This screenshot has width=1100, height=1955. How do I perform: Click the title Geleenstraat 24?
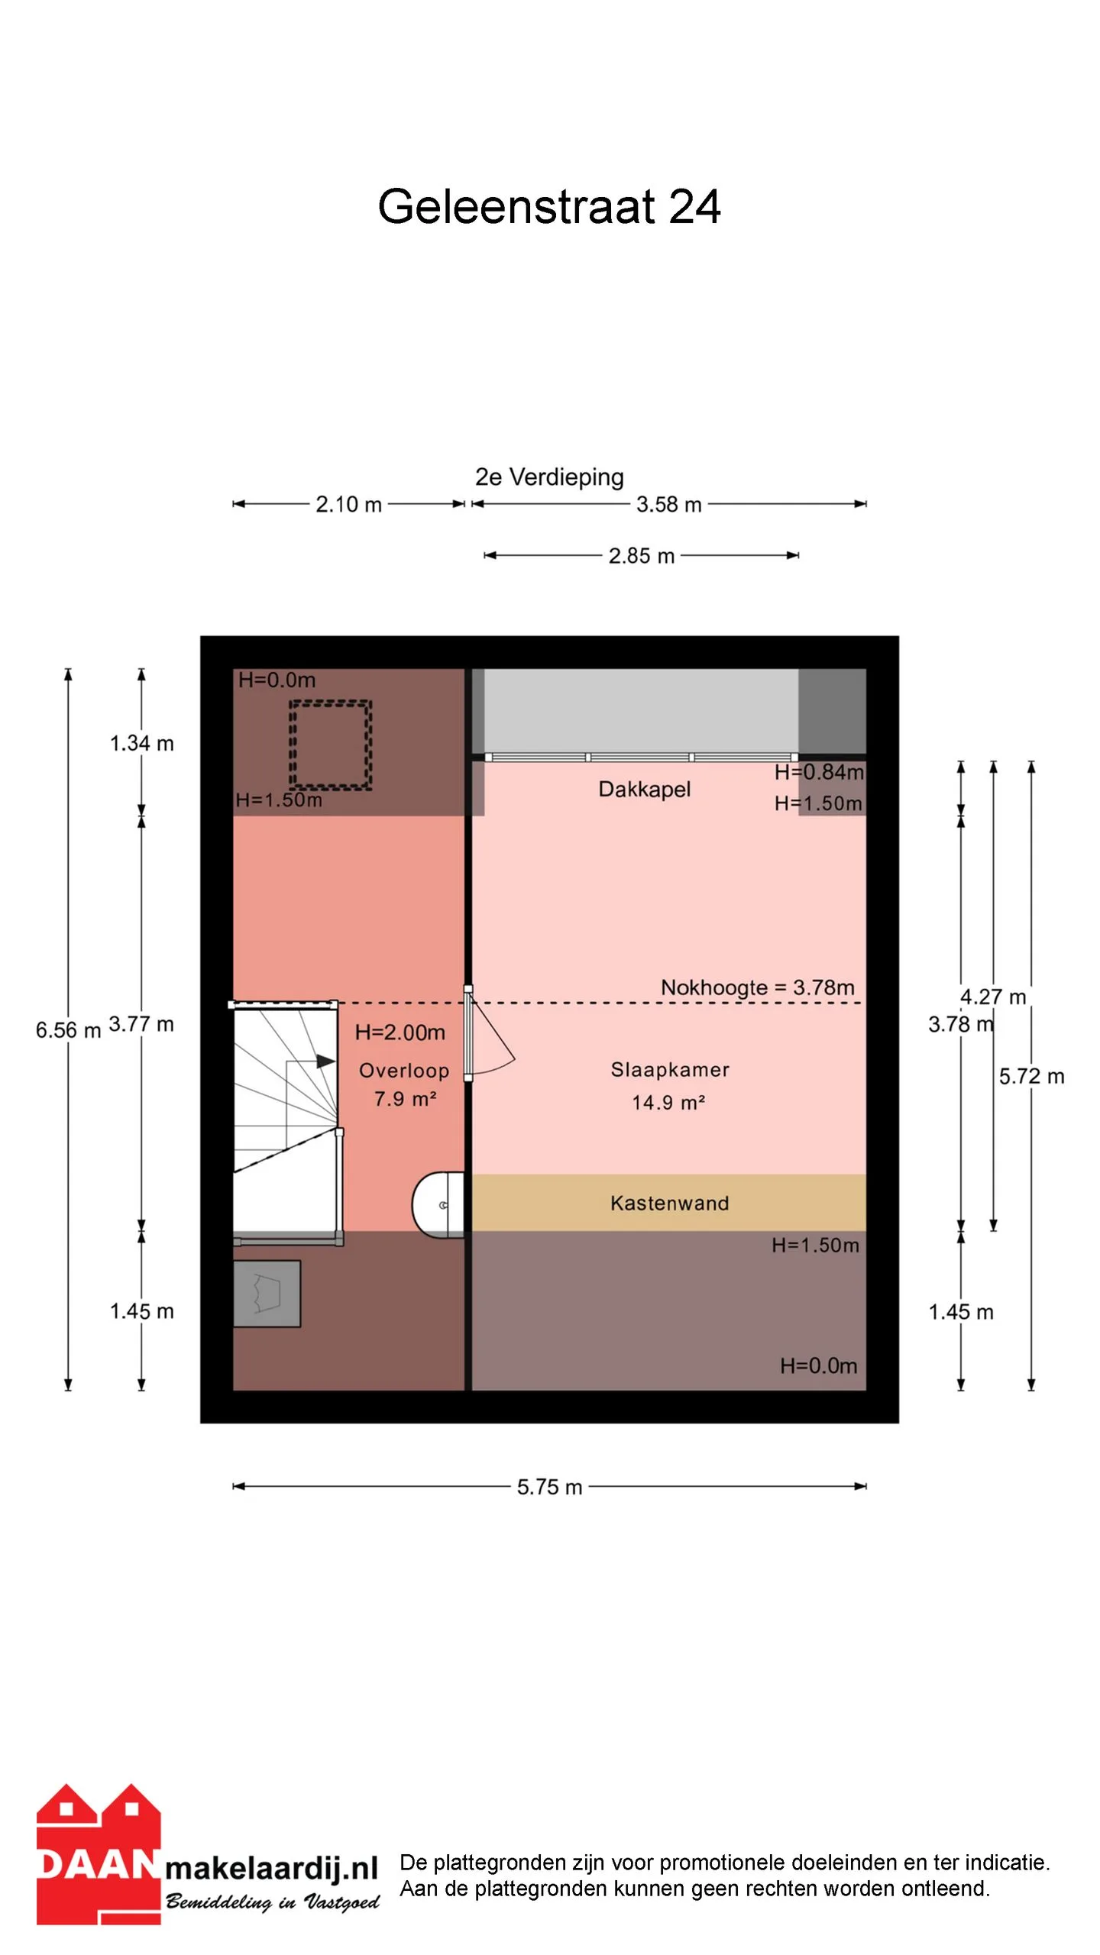549,206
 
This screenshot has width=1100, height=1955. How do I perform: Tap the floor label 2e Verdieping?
549,477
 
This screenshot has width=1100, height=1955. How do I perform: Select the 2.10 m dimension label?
348,504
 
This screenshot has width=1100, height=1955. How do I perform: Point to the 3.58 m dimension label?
668,504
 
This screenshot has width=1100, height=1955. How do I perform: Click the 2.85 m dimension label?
642,556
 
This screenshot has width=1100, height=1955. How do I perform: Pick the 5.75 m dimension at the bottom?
549,1487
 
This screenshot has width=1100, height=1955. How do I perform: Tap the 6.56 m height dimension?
68,1030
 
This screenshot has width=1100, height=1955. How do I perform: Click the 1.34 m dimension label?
141,743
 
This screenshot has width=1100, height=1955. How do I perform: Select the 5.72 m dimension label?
1031,1076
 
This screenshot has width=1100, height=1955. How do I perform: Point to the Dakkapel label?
644,789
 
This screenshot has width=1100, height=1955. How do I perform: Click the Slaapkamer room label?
669,1070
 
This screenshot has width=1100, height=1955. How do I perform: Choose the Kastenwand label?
669,1204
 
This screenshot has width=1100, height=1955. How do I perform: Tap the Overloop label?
404,1071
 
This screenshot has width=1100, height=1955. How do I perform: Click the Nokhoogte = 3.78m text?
757,987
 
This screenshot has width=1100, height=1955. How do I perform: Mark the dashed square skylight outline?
330,745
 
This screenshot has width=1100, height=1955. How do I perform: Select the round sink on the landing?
438,1204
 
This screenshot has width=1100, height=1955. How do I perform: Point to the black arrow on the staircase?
325,1061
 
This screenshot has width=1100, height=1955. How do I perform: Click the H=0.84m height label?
819,772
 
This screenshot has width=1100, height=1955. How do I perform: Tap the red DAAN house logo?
99,1853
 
